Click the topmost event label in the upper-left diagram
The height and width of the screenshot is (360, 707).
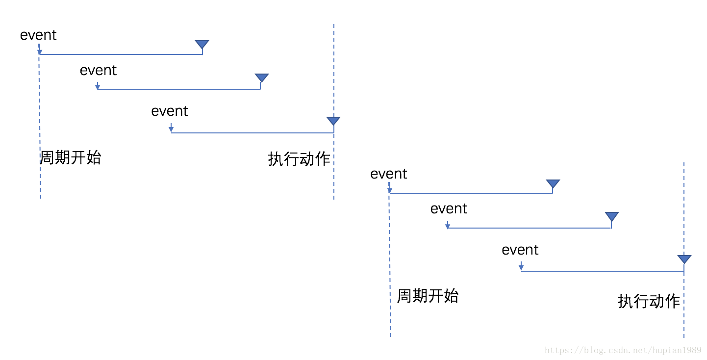click(38, 35)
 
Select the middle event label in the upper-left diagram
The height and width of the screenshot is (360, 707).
click(98, 71)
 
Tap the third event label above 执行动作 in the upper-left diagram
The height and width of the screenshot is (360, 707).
click(170, 111)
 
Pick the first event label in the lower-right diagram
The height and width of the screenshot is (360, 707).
click(389, 174)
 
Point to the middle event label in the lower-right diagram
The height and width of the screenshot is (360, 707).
click(449, 209)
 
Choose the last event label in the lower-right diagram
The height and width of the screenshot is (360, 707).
click(520, 250)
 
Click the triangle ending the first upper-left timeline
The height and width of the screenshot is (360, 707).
click(202, 45)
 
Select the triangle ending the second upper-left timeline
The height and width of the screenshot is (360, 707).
click(262, 78)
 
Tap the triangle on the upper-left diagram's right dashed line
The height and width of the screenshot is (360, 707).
click(333, 121)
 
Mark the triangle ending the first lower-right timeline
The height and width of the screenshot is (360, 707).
click(553, 184)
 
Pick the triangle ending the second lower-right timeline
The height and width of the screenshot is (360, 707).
click(612, 216)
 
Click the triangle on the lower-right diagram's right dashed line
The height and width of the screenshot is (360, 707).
click(684, 259)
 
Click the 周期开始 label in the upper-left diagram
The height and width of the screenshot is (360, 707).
click(70, 157)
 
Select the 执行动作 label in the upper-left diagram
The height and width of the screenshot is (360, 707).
click(299, 159)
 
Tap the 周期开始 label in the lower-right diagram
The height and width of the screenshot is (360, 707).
click(428, 296)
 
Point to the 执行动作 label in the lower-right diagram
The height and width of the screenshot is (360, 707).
click(649, 301)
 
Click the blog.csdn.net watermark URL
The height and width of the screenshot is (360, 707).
click(623, 350)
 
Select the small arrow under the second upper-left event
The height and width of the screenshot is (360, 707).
click(98, 86)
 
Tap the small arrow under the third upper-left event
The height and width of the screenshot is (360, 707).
click(171, 128)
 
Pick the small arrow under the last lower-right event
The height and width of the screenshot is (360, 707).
click(521, 266)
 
